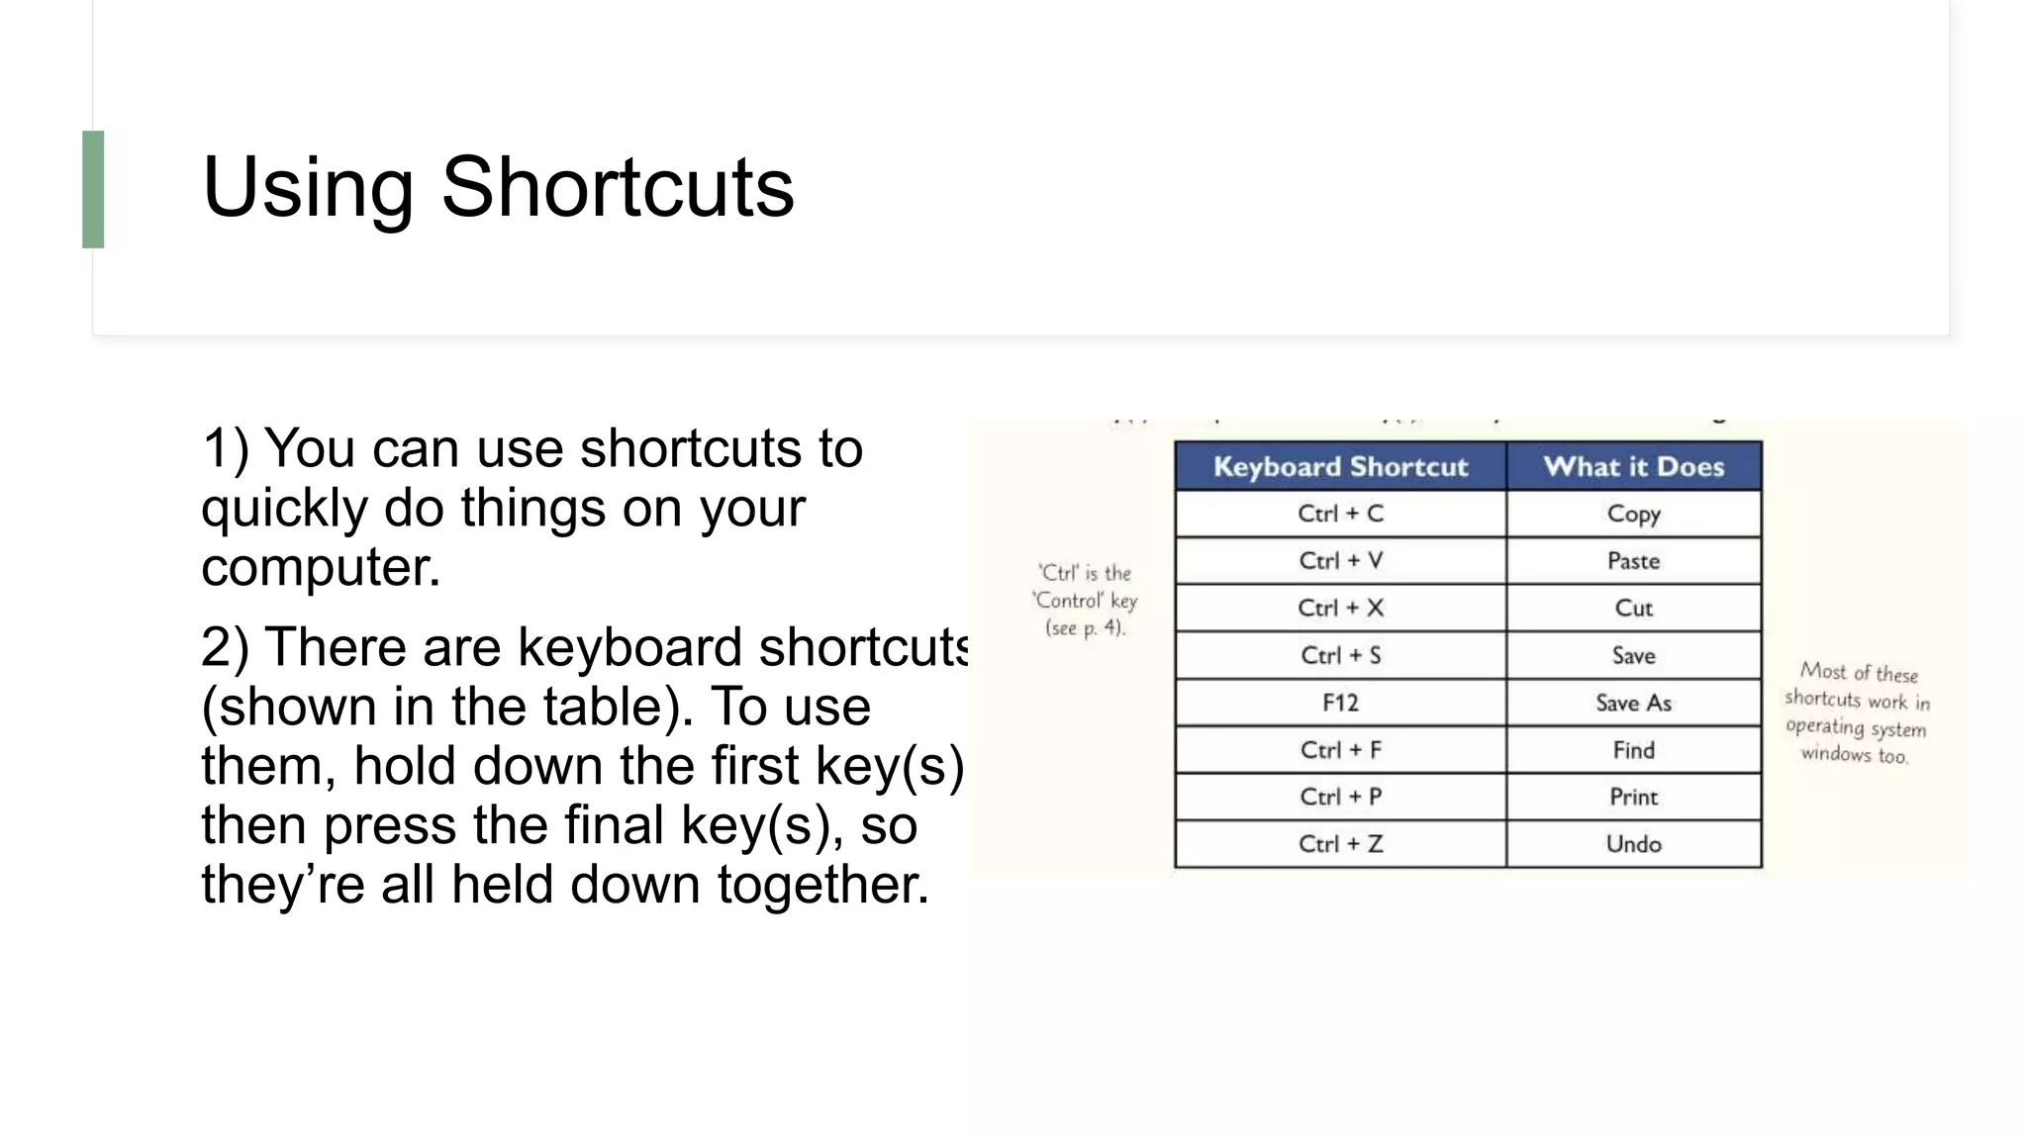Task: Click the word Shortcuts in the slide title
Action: pos(617,187)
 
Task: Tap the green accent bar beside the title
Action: pos(93,189)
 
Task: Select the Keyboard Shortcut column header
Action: pos(1340,466)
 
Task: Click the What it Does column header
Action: pos(1633,466)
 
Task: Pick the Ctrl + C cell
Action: pos(1340,514)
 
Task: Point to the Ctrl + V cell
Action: pos(1340,561)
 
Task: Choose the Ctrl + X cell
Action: pos(1340,608)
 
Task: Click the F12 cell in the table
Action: pos(1340,703)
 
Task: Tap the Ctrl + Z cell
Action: pos(1340,844)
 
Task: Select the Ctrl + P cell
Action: pos(1340,797)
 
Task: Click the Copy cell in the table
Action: pos(1633,514)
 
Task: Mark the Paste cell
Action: pos(1633,561)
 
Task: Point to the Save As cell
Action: pos(1633,703)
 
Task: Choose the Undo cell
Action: pos(1633,844)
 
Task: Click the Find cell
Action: pos(1633,750)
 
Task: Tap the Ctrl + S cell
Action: pos(1340,655)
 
